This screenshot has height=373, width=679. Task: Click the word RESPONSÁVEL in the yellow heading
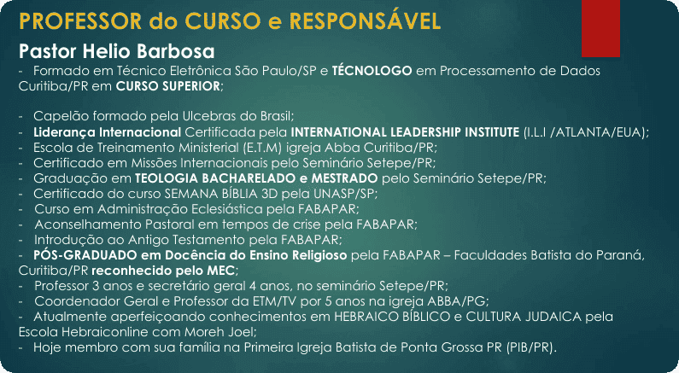365,20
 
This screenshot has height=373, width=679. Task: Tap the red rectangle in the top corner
600,28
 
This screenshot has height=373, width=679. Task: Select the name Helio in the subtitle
101,51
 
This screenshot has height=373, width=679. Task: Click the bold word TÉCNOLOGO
372,70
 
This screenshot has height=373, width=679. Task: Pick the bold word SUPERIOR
192,85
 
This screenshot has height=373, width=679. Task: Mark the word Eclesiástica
227,209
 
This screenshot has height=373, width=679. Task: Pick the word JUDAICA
553,317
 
